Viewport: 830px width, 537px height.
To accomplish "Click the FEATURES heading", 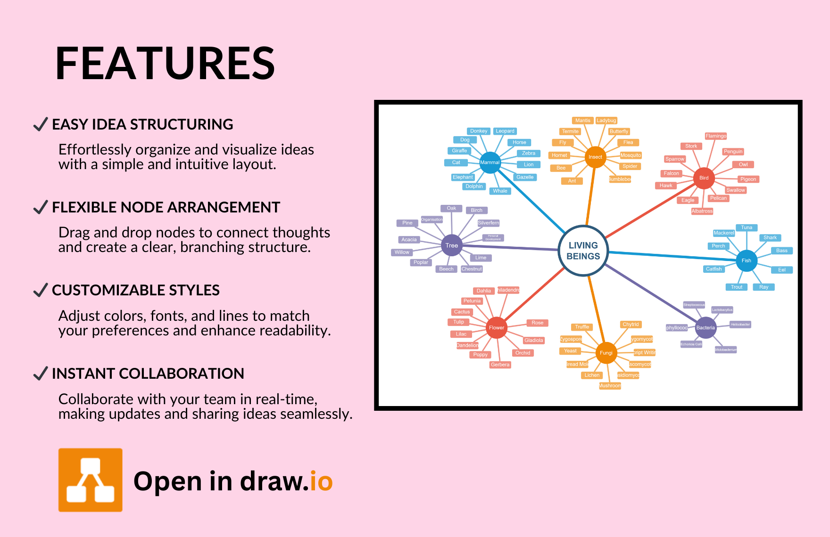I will tap(165, 64).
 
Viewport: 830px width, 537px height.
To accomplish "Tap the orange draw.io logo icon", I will tap(91, 480).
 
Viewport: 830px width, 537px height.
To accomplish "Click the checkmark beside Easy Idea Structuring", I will tap(41, 124).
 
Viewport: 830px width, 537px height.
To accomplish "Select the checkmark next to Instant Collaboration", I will tap(41, 374).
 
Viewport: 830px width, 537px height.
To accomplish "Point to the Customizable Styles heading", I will tap(136, 290).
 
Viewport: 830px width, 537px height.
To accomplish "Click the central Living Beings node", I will tap(583, 251).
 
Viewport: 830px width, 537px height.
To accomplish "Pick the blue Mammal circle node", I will tap(490, 163).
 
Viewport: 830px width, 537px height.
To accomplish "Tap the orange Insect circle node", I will tap(595, 157).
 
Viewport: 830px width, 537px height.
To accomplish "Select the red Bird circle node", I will tap(704, 178).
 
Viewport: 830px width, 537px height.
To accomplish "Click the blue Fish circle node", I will tap(746, 260).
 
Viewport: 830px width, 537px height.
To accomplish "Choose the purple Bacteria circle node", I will tap(705, 328).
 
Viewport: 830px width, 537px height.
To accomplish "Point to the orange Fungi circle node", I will tap(606, 353).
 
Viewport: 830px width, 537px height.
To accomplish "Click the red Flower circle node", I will tap(496, 328).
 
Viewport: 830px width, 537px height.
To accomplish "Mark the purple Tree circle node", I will tap(452, 245).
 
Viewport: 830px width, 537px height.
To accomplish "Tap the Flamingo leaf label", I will tap(716, 136).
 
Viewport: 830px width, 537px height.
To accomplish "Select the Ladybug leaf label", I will tap(606, 121).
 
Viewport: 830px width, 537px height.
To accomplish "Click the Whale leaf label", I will tap(500, 191).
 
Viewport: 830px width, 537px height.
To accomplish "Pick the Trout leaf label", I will tap(737, 287).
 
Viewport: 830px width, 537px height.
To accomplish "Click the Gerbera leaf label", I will tap(500, 365).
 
